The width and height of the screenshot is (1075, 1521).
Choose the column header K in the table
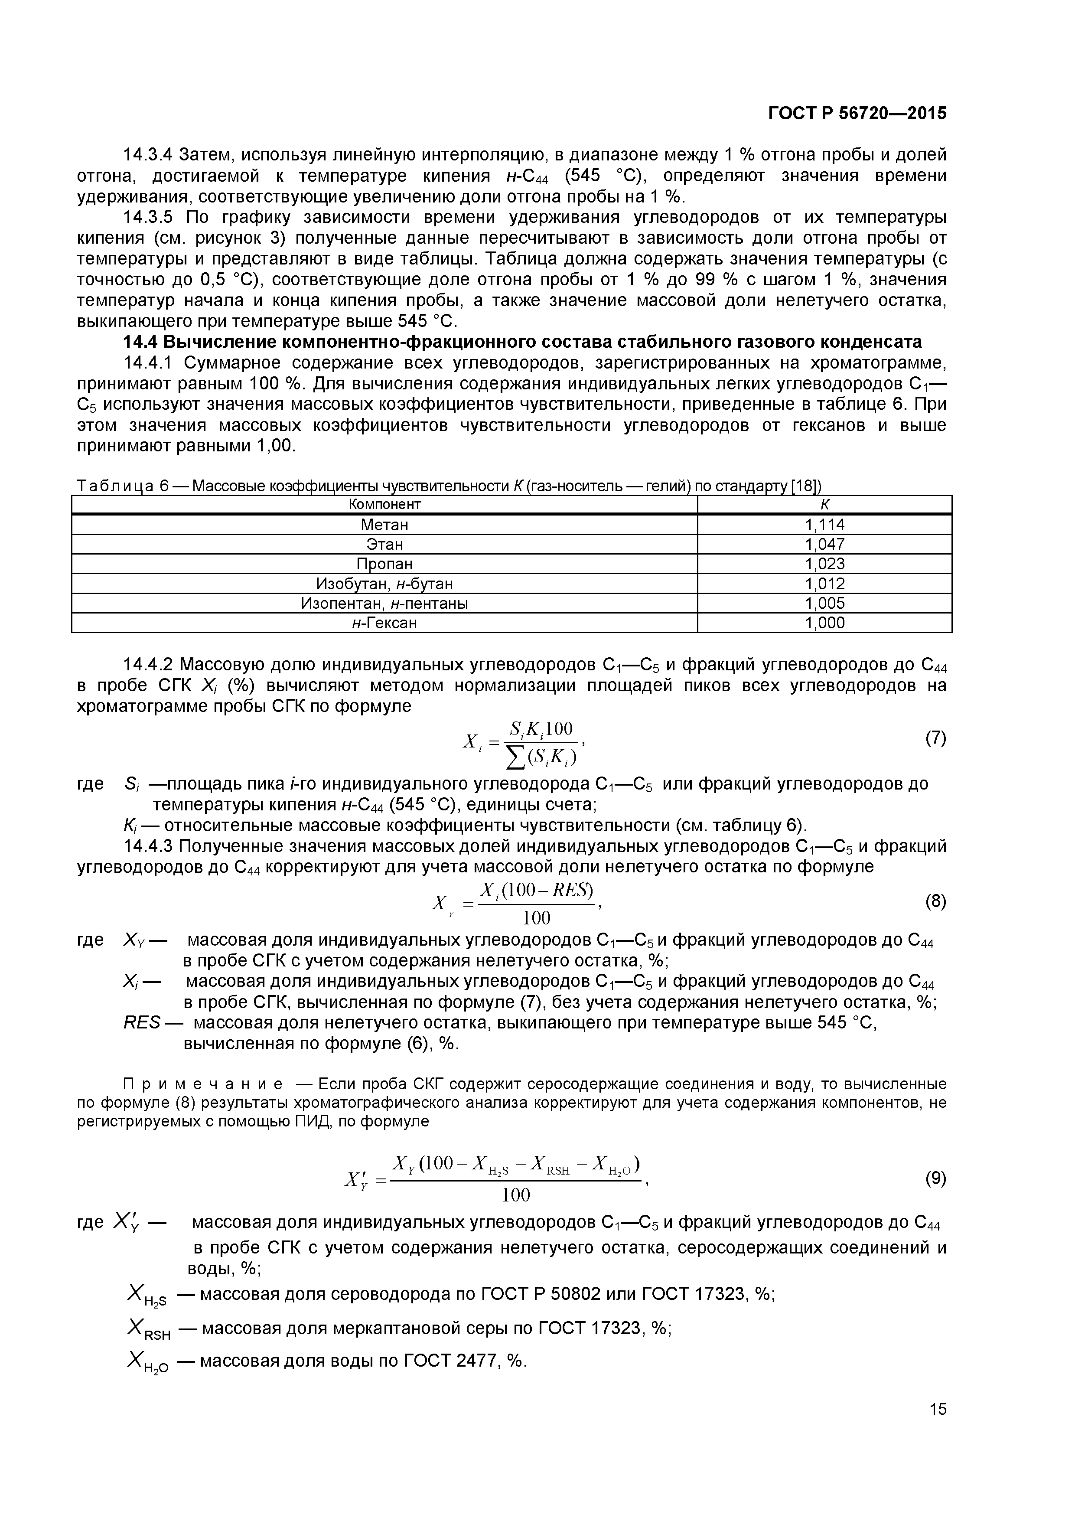coord(824,504)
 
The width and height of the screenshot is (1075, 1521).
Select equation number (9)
coord(935,1177)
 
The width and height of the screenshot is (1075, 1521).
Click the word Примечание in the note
coord(203,1084)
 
